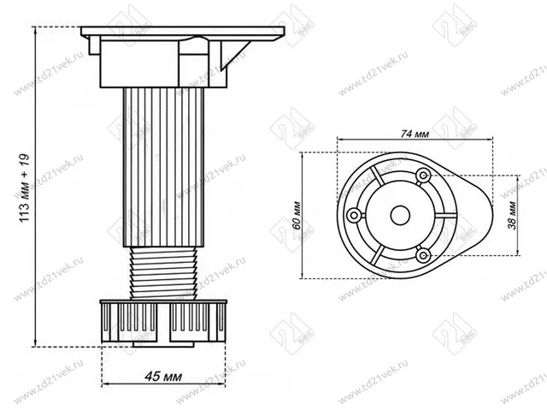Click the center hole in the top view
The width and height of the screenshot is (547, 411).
(x=397, y=214)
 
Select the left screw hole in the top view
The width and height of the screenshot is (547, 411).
(x=353, y=214)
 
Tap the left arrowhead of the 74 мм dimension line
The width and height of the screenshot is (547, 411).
(x=339, y=142)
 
